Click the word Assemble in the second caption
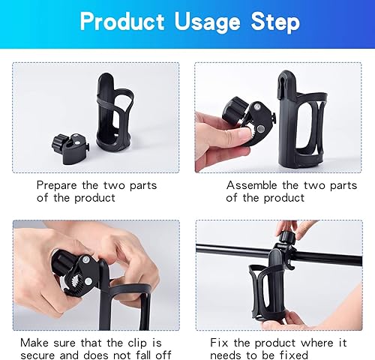pos(253,184)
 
